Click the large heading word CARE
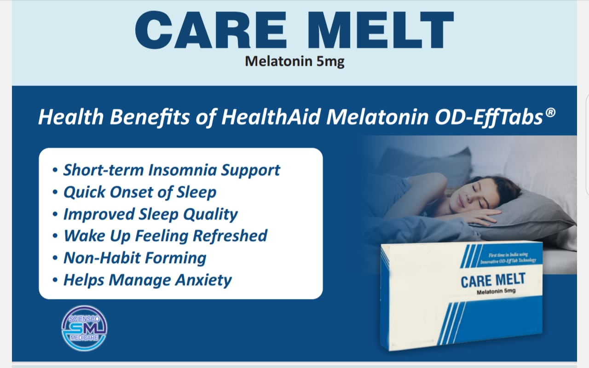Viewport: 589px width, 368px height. pos(211,30)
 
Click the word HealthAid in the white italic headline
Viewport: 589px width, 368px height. pos(271,117)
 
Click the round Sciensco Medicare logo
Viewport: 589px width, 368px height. pos(84,328)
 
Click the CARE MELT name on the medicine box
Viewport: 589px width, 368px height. pos(493,280)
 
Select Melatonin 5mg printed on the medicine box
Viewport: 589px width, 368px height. pos(496,291)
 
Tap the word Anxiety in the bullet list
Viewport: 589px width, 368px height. pos(203,280)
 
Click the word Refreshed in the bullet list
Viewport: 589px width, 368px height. pos(230,236)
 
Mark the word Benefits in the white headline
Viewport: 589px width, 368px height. pos(150,117)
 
